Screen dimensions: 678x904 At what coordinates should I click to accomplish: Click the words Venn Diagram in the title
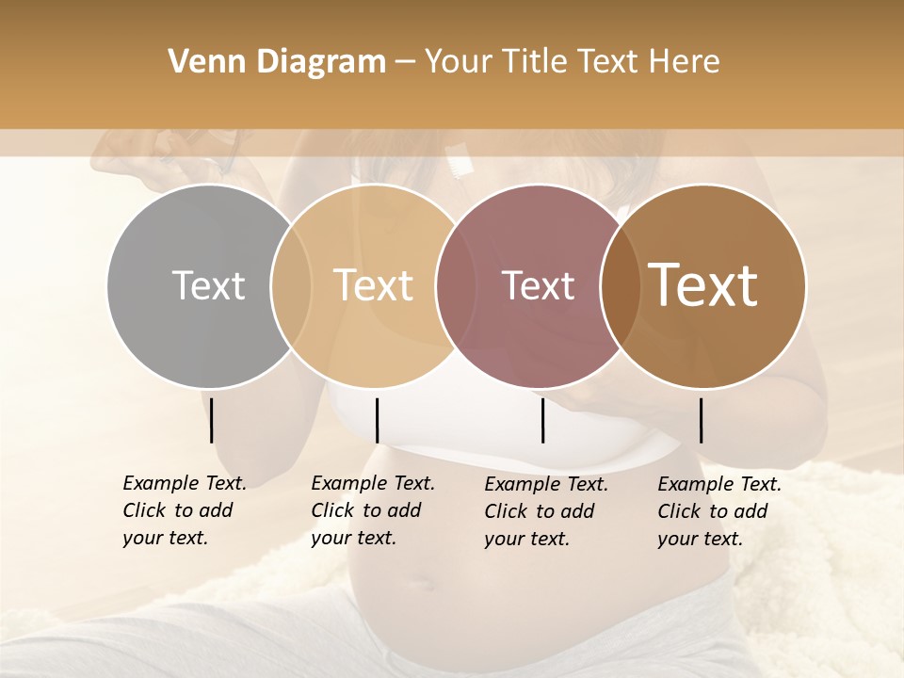pyautogui.click(x=277, y=62)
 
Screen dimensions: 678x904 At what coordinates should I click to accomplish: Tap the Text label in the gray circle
pyautogui.click(x=208, y=286)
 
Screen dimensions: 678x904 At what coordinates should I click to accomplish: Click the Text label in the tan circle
pyautogui.click(x=373, y=286)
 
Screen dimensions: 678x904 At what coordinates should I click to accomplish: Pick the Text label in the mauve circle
pyautogui.click(x=538, y=286)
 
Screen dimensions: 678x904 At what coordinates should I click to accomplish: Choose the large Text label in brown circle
pyautogui.click(x=703, y=285)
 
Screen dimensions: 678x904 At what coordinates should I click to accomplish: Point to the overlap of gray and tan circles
pyautogui.click(x=291, y=286)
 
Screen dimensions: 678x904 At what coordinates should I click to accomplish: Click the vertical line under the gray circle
pyautogui.click(x=212, y=420)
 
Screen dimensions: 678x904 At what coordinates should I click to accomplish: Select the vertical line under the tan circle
pyautogui.click(x=377, y=420)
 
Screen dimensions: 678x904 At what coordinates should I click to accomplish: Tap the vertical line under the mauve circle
pyautogui.click(x=542, y=420)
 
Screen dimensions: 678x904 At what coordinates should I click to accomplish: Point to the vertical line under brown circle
pyautogui.click(x=702, y=420)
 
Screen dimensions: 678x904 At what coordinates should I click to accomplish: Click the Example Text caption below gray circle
pyautogui.click(x=184, y=510)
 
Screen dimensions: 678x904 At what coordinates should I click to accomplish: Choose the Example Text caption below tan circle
pyautogui.click(x=372, y=510)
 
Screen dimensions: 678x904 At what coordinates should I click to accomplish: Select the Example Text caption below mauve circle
pyautogui.click(x=545, y=511)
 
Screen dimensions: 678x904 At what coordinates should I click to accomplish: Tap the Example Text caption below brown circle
pyautogui.click(x=718, y=511)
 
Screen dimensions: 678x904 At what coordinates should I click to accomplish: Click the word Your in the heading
pyautogui.click(x=458, y=62)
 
